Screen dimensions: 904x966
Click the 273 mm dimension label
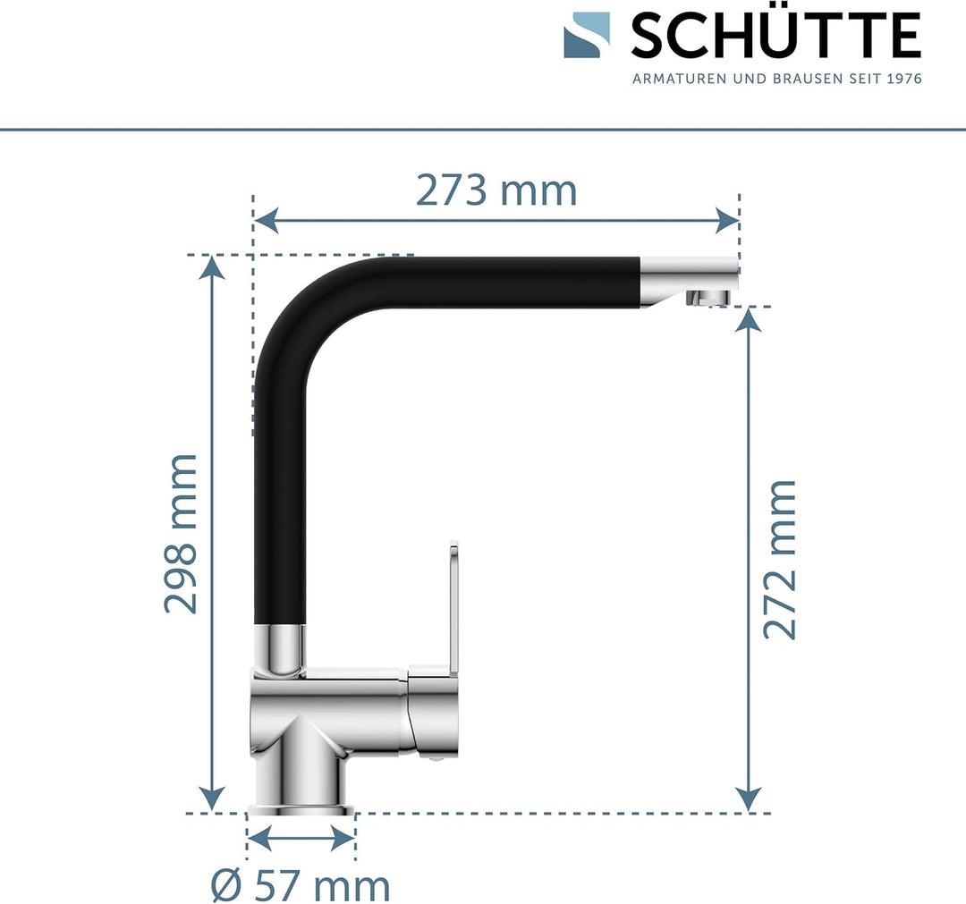pos(496,190)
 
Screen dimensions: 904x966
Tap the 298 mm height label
pos(182,534)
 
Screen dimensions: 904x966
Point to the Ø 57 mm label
pos(301,885)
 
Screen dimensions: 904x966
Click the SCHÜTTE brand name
pos(775,37)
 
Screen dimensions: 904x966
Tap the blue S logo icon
pos(587,35)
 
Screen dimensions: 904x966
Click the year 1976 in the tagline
pos(903,79)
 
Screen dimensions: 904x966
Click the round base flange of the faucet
pos(301,810)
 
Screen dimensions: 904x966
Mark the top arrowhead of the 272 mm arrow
pos(748,320)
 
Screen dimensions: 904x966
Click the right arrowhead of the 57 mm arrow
pos(343,839)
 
